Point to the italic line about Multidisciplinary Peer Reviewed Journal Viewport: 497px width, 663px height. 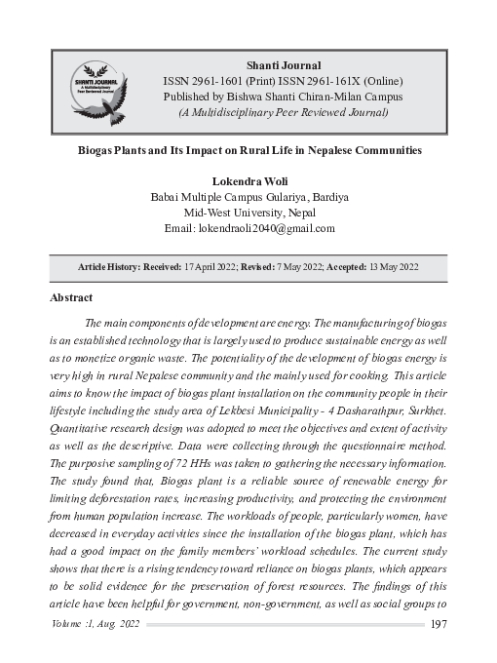(284, 112)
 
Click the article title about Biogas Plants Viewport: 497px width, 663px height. (249, 152)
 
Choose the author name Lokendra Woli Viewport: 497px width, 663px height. (249, 181)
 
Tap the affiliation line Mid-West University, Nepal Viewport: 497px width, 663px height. (249, 213)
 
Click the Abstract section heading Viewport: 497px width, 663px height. (71, 297)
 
